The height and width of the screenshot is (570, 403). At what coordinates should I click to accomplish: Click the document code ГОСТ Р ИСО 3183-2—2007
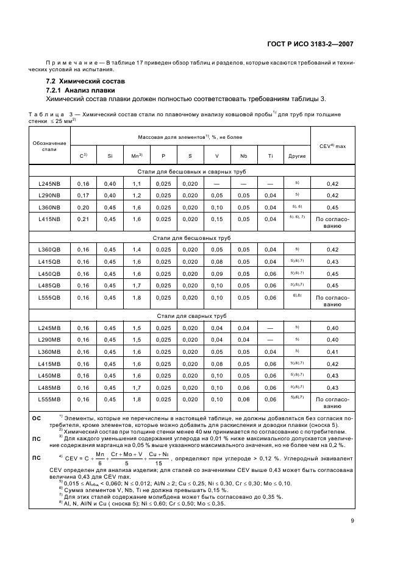click(x=311, y=44)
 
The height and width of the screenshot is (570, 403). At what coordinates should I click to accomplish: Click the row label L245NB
click(x=49, y=183)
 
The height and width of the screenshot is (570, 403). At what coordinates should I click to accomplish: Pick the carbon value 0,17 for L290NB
click(x=83, y=195)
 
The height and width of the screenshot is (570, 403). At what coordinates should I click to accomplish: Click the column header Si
click(x=110, y=156)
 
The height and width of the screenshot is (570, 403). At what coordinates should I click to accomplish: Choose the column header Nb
click(x=243, y=156)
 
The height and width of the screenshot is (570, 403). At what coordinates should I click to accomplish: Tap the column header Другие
click(x=297, y=156)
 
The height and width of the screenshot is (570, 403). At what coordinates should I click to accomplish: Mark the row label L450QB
click(x=49, y=273)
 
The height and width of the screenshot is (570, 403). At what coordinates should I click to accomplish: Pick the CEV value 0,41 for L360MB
click(x=332, y=351)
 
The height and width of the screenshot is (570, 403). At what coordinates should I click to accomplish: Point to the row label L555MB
click(x=49, y=399)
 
